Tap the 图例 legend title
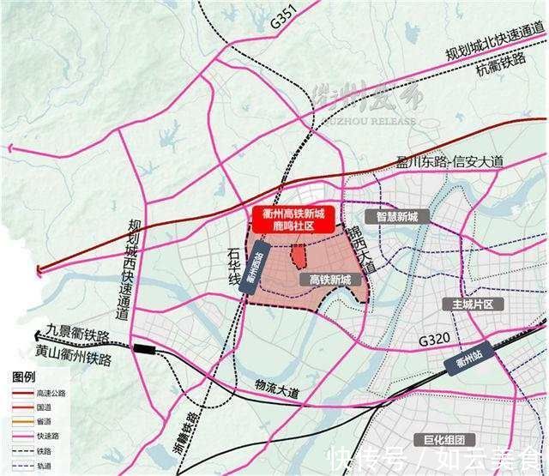[24, 377]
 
